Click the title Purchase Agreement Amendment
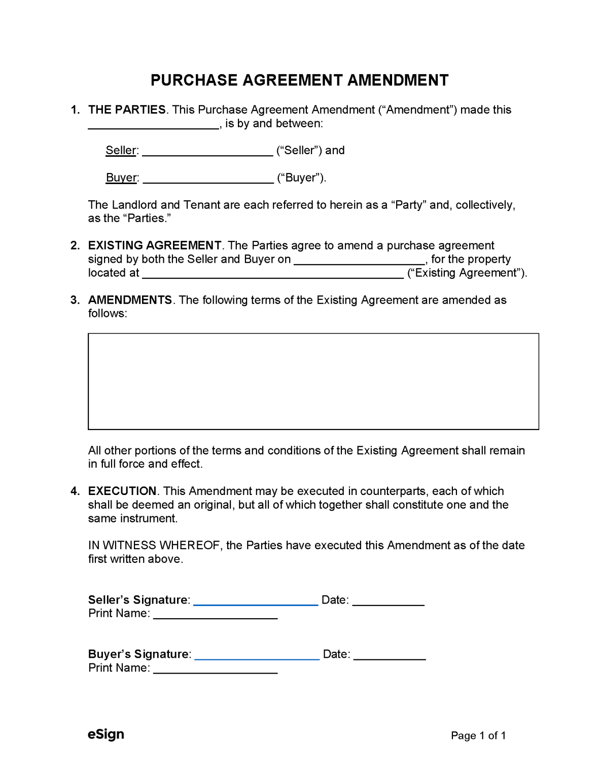pos(299,80)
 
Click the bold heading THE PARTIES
pos(127,110)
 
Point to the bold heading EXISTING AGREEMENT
pos(155,245)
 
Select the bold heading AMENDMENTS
pos(130,300)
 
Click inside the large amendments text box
pos(313,381)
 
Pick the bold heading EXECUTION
pos(122,491)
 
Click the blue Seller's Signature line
pos(256,602)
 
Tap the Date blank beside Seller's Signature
pos(388,602)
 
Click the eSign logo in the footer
pos(106,734)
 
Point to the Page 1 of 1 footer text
pos(478,735)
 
